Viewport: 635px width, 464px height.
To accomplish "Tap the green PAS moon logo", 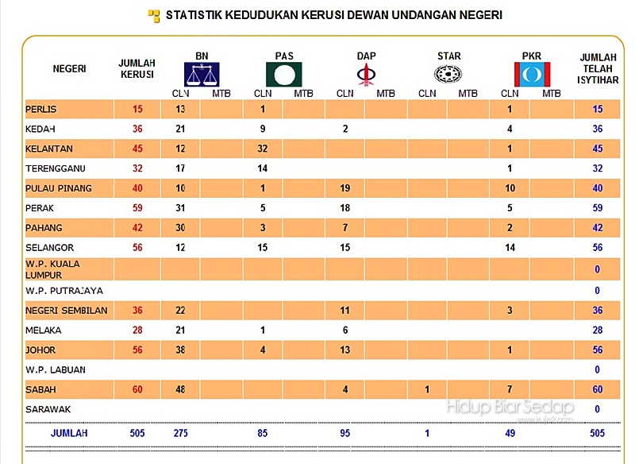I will coord(283,75).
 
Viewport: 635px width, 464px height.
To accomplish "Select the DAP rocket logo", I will coord(365,75).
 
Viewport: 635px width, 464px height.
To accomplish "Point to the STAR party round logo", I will coord(448,75).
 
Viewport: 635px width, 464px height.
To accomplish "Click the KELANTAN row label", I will coord(49,149).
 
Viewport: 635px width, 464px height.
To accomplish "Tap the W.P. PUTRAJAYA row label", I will coord(64,291).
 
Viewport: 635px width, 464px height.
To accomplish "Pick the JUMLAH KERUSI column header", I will coord(137,68).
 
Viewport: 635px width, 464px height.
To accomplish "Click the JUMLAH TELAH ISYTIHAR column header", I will coord(598,68).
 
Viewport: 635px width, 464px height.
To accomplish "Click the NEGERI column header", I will coord(69,68).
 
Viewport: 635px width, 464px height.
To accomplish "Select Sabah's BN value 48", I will coord(180,389).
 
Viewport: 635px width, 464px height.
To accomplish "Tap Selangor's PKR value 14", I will coord(510,248).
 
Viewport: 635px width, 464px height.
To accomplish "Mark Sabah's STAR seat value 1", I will coord(427,389).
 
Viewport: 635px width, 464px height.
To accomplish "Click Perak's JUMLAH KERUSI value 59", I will coord(138,208).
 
